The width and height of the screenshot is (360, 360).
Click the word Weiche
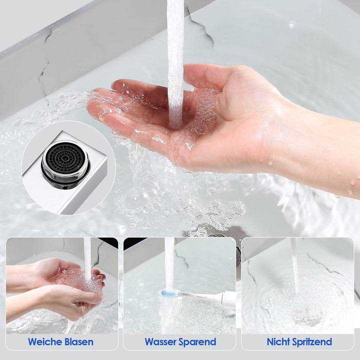(x=44, y=342)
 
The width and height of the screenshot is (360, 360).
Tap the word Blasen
(x=79, y=342)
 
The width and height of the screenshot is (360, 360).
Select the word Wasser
(x=160, y=342)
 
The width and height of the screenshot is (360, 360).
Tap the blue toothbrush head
(x=169, y=293)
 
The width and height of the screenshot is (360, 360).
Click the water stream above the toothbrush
(x=170, y=264)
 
